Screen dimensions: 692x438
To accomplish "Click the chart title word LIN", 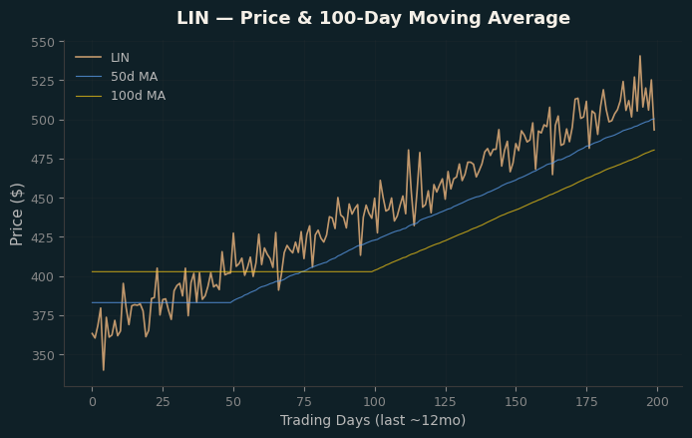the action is coord(192,18).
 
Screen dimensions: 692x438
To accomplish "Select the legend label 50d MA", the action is coord(135,77).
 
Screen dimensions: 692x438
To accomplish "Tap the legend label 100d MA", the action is coord(139,96).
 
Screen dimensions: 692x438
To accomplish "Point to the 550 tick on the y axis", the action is coord(43,42).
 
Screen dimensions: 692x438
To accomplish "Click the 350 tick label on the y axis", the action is coord(43,355).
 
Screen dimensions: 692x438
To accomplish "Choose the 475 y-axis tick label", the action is coord(43,160).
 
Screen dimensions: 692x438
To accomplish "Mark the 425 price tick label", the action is coord(43,238).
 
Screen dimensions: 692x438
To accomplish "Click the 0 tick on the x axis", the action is coord(93,402).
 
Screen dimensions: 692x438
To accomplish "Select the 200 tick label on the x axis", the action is coord(657,402).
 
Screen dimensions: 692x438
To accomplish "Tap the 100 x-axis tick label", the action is coord(375,402).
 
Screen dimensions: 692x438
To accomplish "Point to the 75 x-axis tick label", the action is coord(304,402).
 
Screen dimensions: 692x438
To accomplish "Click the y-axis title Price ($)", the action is coord(17,215).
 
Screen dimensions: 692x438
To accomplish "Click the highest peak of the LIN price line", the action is coord(640,56).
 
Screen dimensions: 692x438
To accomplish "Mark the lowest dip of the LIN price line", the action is coord(104,370).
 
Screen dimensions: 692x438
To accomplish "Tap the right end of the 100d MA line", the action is coord(654,150).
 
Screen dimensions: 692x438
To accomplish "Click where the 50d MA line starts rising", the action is coord(230,302).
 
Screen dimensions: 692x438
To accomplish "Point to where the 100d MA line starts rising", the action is coord(372,271).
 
